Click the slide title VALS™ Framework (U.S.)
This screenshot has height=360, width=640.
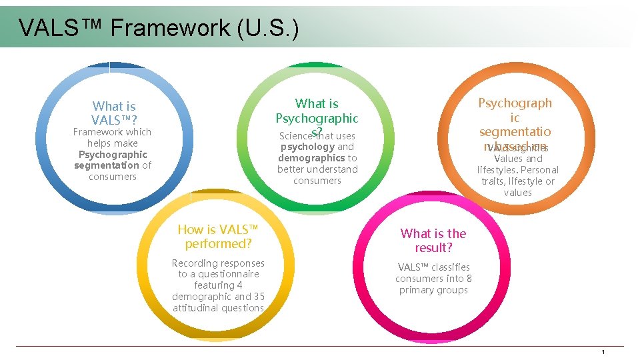159,28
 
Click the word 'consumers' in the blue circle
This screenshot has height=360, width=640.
113,177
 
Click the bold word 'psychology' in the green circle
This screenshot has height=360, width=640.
307,147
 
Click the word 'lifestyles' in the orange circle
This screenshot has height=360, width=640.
498,170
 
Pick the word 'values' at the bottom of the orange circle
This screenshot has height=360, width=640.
518,193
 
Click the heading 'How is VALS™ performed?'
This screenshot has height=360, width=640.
218,237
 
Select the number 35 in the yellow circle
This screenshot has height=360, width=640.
259,297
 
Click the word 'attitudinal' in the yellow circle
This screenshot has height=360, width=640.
199,308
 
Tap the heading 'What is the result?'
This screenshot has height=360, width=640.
433,241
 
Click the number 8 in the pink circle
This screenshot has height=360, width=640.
469,279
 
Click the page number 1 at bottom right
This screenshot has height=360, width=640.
603,352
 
